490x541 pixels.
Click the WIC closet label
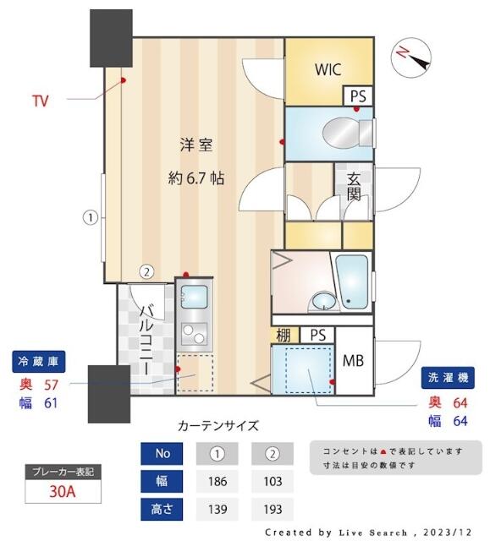328,68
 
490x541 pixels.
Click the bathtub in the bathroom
352,280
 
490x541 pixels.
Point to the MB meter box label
354,361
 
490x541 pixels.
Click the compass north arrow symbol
412,57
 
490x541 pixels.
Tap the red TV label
40,101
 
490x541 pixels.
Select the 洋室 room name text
195,145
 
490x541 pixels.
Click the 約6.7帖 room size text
195,178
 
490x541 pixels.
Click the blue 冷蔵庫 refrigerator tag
38,362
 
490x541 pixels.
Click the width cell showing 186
217,482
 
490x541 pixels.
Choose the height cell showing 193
272,510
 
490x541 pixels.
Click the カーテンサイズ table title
218,425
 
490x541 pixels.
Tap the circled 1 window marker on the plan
89,217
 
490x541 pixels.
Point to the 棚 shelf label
284,336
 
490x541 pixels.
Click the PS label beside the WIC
358,96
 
